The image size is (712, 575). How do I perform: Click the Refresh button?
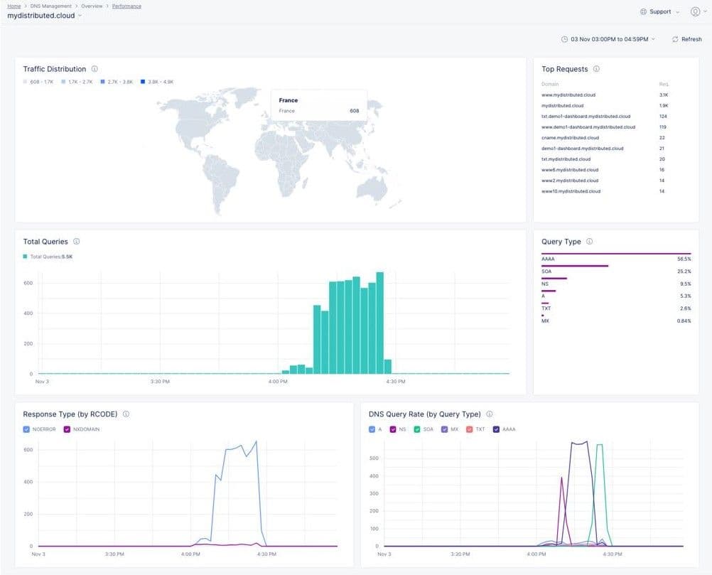pyautogui.click(x=686, y=39)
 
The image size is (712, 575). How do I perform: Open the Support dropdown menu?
pyautogui.click(x=659, y=11)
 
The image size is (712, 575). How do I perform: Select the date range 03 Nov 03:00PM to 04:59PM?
pyautogui.click(x=608, y=39)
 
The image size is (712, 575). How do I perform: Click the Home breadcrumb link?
pyautogui.click(x=14, y=6)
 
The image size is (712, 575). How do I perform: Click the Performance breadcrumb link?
pyautogui.click(x=126, y=6)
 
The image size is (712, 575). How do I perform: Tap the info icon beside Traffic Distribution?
pyautogui.click(x=95, y=69)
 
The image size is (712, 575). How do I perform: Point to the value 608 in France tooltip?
pyautogui.click(x=354, y=111)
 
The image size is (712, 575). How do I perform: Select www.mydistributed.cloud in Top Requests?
pyautogui.click(x=568, y=95)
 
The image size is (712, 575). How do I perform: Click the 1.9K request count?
pyautogui.click(x=663, y=105)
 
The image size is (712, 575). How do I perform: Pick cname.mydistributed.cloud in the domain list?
pyautogui.click(x=570, y=138)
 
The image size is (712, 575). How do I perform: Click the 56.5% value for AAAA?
pyautogui.click(x=684, y=259)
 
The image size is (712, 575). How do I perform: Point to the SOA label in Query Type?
pyautogui.click(x=547, y=272)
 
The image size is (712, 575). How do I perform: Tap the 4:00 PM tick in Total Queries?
pyautogui.click(x=279, y=382)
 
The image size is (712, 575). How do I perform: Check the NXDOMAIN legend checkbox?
pyautogui.click(x=68, y=429)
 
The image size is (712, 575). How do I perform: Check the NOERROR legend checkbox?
pyautogui.click(x=26, y=429)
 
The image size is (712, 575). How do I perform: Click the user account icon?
pyautogui.click(x=695, y=11)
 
